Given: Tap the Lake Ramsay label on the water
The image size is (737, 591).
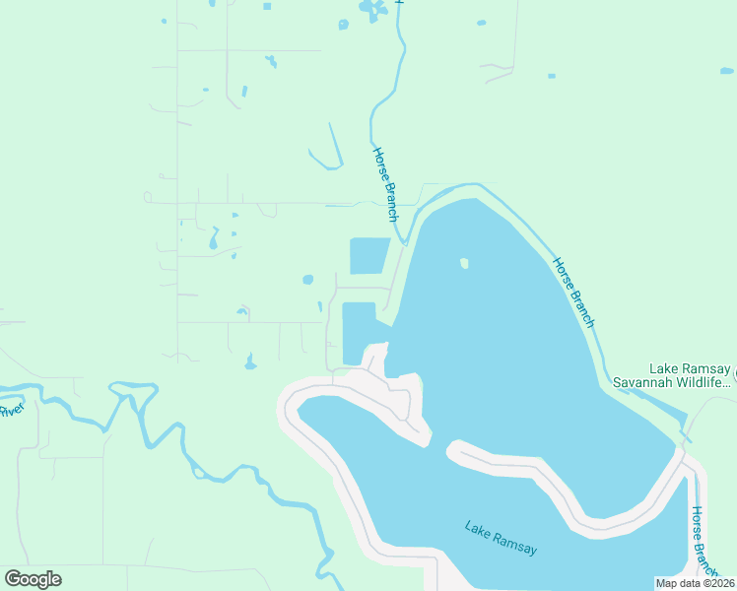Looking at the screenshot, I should coord(501,538).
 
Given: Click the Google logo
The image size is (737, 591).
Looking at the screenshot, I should coord(33,579).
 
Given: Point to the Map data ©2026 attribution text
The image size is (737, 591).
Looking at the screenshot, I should coord(695,583).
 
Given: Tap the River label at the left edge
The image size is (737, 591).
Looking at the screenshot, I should coord(11,410).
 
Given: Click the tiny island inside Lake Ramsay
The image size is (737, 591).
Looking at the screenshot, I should coord(463,263).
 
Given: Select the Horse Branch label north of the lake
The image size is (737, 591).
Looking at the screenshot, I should coord(385,184).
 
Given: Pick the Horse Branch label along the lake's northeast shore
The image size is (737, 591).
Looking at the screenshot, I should coord(573,293).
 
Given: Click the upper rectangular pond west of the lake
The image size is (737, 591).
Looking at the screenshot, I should coord(369,256).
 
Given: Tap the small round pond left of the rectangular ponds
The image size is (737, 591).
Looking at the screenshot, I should coord(307,280).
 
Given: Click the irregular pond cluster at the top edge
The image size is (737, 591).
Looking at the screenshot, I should coord(371,10).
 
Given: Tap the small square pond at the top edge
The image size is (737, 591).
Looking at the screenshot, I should coord(267,7).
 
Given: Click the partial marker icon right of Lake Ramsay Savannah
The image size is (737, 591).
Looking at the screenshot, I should coord(733,375).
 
